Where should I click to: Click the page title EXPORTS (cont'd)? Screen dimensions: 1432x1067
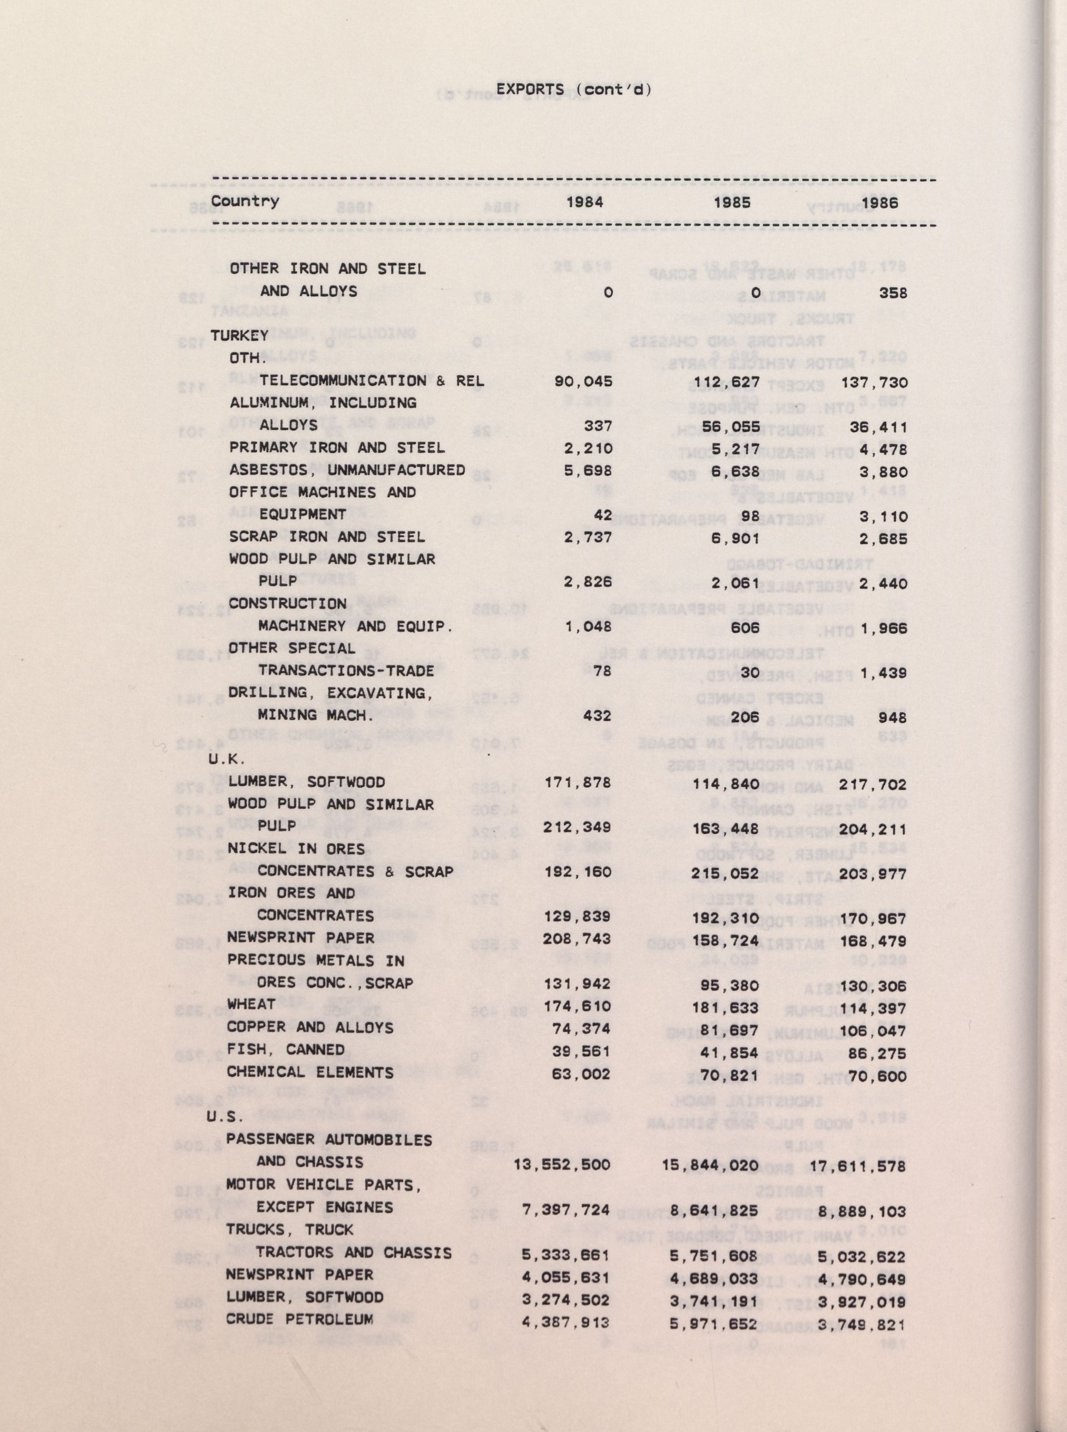point(574,90)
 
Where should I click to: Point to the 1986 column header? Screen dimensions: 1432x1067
point(879,203)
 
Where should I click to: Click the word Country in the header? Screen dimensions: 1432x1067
point(245,201)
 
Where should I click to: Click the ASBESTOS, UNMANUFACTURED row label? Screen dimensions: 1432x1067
point(347,470)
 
